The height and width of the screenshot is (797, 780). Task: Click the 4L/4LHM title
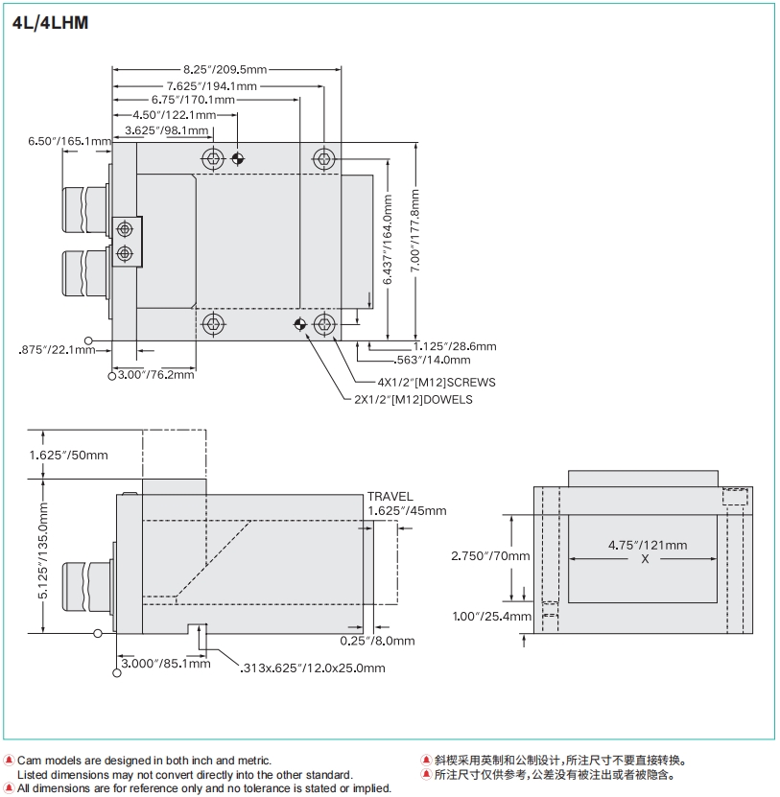point(51,23)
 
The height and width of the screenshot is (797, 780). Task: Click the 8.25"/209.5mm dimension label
point(225,69)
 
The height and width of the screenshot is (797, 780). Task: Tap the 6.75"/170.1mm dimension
point(193,100)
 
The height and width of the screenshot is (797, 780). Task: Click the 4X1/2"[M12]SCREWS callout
point(423,382)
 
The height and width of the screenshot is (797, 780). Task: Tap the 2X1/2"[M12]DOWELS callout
point(414,399)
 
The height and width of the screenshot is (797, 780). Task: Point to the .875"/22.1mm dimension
point(57,350)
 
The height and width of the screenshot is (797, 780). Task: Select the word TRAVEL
point(390,497)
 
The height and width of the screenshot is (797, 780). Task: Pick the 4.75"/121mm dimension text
point(648,545)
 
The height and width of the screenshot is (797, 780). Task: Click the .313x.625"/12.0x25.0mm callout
point(313,668)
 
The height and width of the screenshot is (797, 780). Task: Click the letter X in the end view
point(645,558)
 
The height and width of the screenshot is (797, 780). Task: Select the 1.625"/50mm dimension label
point(69,455)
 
